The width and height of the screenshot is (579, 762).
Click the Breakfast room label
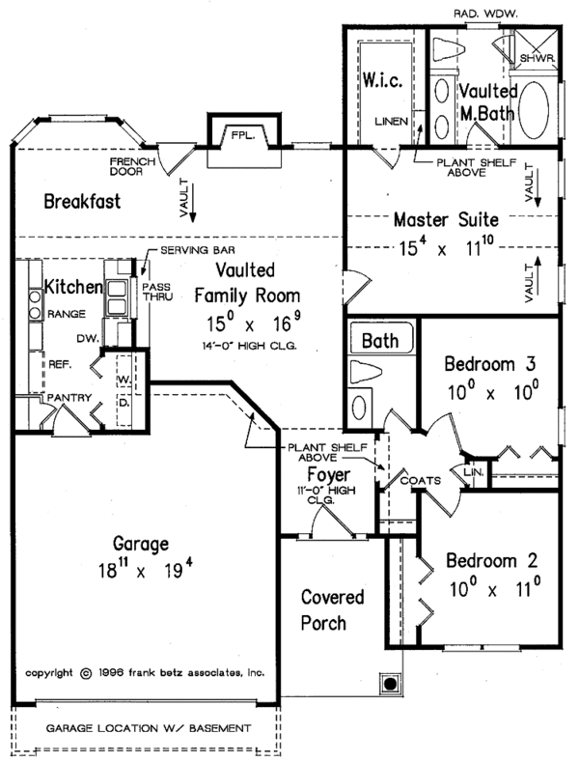(82, 202)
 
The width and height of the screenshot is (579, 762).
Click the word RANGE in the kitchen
(67, 314)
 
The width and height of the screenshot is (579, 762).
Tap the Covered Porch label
(323, 608)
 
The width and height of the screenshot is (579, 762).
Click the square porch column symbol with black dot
(390, 684)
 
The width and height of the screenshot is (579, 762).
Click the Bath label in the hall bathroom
(378, 340)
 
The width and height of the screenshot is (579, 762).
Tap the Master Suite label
(445, 220)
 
